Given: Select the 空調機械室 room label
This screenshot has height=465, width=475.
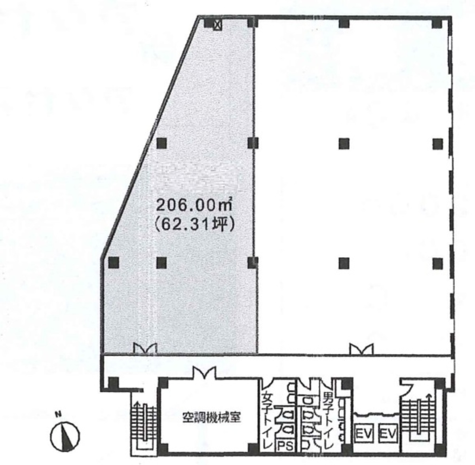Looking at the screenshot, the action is tap(211, 418).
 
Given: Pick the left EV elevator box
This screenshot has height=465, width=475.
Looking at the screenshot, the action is tap(364, 433).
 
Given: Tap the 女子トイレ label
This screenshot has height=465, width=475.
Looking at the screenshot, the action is tap(267, 419).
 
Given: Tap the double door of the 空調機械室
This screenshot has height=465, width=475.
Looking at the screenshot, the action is tap(205, 373).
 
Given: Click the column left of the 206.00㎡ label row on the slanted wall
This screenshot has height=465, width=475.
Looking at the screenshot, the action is tap(162, 143).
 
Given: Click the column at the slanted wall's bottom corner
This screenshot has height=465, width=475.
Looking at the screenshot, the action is tap(113, 262).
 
